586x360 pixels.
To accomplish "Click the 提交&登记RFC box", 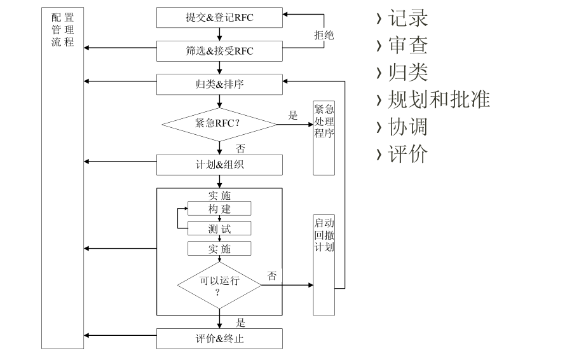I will point(219,17).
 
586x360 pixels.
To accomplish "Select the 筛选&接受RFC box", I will point(219,50).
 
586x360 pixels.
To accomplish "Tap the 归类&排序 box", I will point(219,84).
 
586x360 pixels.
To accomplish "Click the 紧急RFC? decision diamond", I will point(219,123).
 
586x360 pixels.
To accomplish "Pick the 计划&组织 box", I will point(219,165).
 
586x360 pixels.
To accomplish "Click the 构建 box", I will point(219,209).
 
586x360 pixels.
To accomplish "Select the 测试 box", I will point(219,228).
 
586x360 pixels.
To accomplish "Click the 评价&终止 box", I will point(219,338).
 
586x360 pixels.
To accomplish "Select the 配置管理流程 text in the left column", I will point(63,31).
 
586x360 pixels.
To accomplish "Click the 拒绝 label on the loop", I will point(324,35).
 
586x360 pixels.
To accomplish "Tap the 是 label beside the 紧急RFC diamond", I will point(293,115).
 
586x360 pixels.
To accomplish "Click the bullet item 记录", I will point(407,18).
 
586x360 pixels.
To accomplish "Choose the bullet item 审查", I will point(407,45).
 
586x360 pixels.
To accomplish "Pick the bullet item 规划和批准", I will point(439,99).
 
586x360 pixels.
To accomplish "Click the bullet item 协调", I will point(407,127).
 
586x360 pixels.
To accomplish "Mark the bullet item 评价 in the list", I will point(407,154).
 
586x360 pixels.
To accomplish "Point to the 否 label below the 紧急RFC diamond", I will point(241,149).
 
